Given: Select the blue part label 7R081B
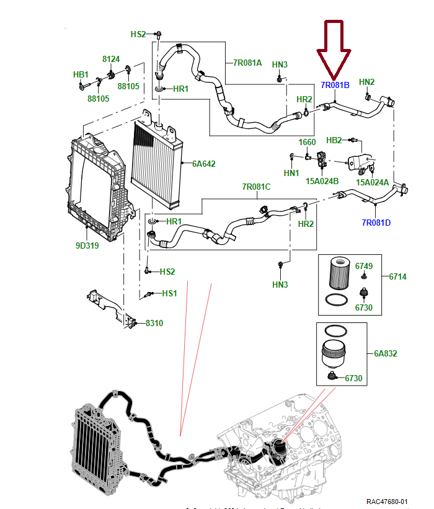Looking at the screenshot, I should [x=335, y=85].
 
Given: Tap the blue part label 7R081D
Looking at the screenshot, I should [x=376, y=222].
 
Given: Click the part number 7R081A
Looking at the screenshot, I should [x=247, y=63].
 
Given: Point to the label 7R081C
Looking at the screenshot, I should [x=256, y=187].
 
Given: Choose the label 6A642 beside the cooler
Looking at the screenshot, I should [x=203, y=164].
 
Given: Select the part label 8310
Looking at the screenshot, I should [x=154, y=323].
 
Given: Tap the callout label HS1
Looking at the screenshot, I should [x=169, y=293].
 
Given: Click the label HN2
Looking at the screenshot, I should [x=367, y=82].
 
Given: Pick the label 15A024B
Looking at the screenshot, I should [x=322, y=182].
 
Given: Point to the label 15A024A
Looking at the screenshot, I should [x=373, y=182].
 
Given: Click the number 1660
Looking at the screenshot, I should [x=307, y=143].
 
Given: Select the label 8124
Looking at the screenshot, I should [x=111, y=59].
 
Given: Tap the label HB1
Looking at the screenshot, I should [x=81, y=74].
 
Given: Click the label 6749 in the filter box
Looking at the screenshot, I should [x=364, y=266].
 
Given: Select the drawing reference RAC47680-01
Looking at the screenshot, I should [x=386, y=501].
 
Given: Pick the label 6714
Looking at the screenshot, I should [x=397, y=277].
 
